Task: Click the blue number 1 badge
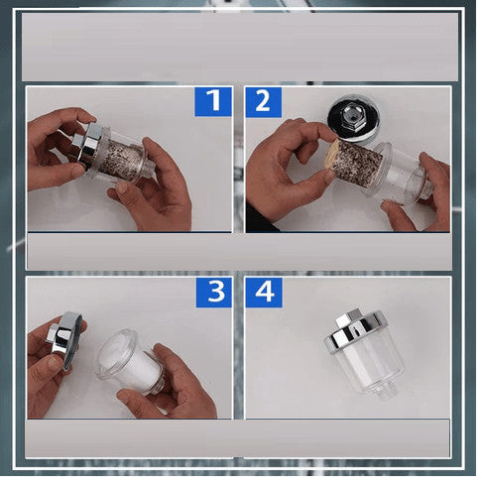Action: click(213, 102)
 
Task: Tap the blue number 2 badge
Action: click(264, 102)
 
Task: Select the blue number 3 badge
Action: click(214, 293)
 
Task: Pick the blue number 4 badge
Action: click(264, 293)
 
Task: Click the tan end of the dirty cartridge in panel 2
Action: click(333, 155)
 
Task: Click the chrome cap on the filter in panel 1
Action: click(87, 146)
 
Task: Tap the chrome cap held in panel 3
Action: click(64, 339)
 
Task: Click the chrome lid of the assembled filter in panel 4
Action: click(356, 332)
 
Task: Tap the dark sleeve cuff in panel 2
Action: click(260, 218)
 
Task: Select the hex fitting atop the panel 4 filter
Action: click(348, 318)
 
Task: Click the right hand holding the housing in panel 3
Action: click(172, 384)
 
